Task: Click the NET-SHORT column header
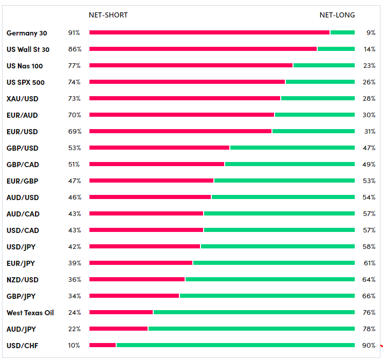point(108,15)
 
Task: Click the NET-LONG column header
point(337,15)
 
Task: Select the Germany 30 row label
point(27,33)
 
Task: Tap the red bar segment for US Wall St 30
point(203,49)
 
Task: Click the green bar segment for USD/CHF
point(235,345)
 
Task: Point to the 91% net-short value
point(74,33)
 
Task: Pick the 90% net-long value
point(369,346)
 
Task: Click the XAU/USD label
point(22,99)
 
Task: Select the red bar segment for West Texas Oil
point(121,312)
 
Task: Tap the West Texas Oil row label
point(30,313)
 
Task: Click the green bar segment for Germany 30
point(342,32)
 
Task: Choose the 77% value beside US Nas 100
point(74,66)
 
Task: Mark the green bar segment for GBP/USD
point(292,148)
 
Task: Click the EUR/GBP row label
point(22,181)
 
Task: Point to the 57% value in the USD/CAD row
point(369,230)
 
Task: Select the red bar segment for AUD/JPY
point(118,329)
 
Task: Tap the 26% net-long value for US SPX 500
point(369,82)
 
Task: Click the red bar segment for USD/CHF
point(102,345)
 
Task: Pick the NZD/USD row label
point(22,280)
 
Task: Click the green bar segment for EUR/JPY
point(273,263)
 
